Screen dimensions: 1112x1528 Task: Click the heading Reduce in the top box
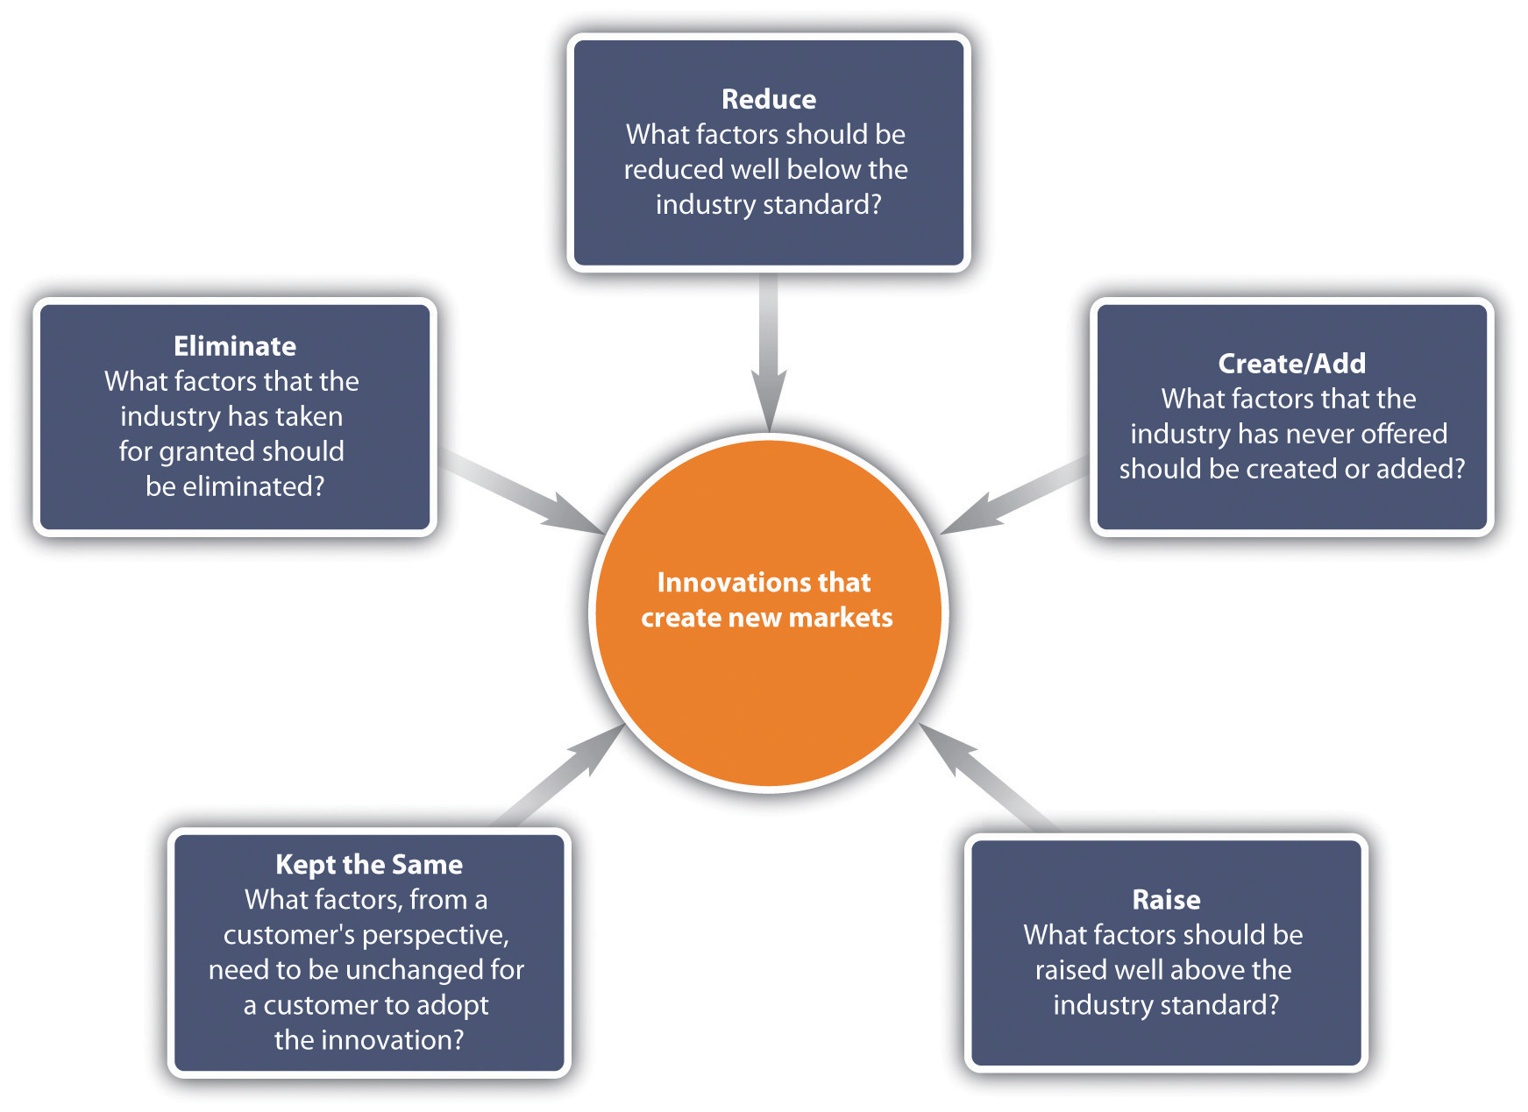coord(768,99)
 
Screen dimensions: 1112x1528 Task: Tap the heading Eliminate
coord(234,346)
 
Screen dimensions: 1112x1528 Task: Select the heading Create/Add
coord(1291,364)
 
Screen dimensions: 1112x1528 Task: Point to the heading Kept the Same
coord(368,865)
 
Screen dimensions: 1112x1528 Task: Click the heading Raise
coord(1166,900)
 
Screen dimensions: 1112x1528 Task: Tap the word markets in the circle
coord(840,618)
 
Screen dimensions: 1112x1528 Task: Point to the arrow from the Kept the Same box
coord(561,776)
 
